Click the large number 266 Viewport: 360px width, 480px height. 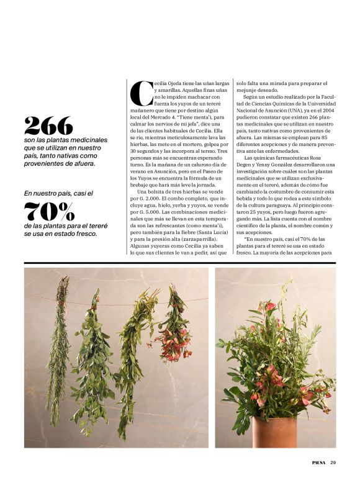pyautogui.click(x=48, y=127)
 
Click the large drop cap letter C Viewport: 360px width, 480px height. pyautogui.click(x=142, y=93)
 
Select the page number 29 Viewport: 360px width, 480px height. pyautogui.click(x=333, y=461)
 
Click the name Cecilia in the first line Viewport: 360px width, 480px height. pyautogui.click(x=165, y=83)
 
